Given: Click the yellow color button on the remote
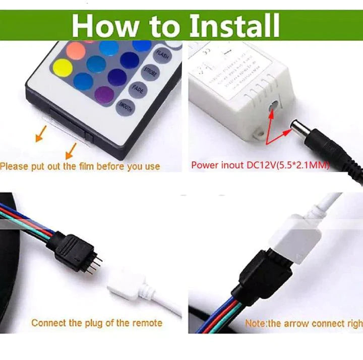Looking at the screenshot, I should pyautogui.click(x=62, y=68).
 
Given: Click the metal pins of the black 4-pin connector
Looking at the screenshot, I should pyautogui.click(x=97, y=262).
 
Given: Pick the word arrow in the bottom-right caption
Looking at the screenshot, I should pyautogui.click(x=293, y=323).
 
